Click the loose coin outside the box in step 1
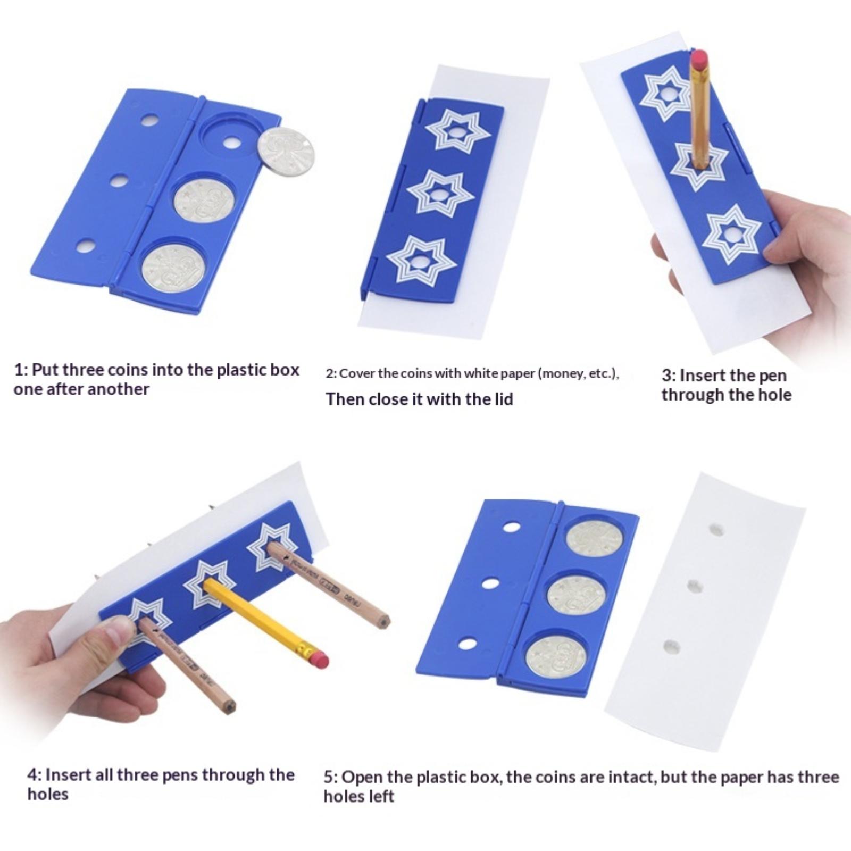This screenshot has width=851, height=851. (286, 151)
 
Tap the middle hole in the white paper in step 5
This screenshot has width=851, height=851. (695, 586)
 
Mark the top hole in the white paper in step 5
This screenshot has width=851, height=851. (716, 530)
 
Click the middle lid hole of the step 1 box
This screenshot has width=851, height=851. (119, 181)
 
